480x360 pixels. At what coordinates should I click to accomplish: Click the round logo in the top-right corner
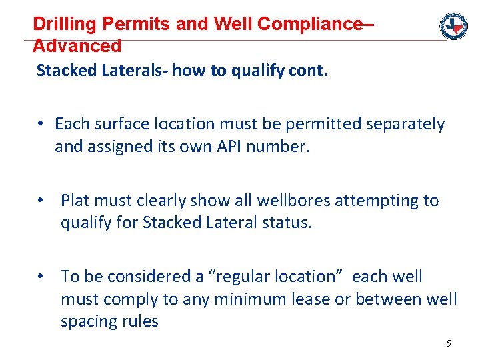pos(453,26)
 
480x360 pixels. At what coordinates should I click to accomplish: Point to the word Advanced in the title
pos(77,46)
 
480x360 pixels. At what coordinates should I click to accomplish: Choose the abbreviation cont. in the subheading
pos(308,71)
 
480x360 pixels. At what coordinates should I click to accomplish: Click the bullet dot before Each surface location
pos(41,124)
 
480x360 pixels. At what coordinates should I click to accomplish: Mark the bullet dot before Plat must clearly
pos(41,201)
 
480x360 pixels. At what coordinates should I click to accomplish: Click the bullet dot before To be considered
pos(41,277)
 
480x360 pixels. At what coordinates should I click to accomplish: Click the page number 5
pos(449,343)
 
